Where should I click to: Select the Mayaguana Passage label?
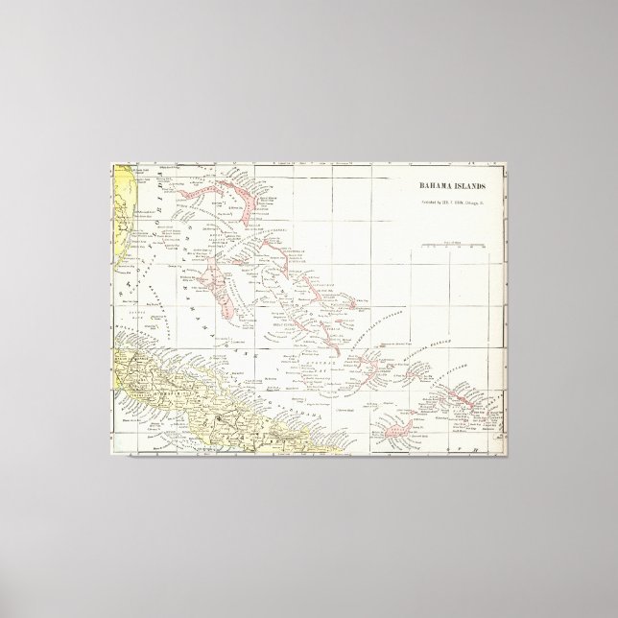pos(416,349)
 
